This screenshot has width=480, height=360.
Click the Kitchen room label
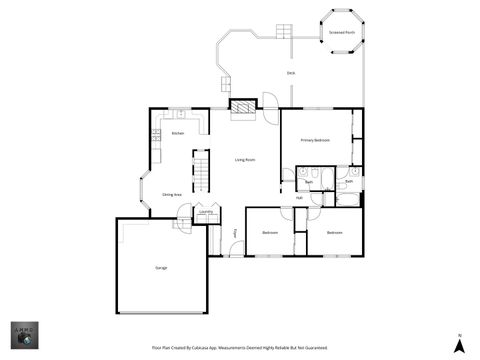[177, 133]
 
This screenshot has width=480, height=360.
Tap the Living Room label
[245, 160]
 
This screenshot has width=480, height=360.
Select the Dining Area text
[172, 194]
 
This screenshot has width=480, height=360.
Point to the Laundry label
[205, 212]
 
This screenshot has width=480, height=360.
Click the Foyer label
[236, 233]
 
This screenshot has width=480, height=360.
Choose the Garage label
[161, 268]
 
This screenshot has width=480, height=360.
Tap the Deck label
[291, 73]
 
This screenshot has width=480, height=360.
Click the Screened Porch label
[341, 32]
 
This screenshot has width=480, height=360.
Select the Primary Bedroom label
[315, 140]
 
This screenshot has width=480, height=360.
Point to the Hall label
[299, 198]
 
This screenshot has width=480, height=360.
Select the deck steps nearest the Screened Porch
[284, 33]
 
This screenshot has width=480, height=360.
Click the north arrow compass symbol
[459, 345]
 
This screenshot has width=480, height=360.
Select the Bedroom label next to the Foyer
[270, 233]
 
